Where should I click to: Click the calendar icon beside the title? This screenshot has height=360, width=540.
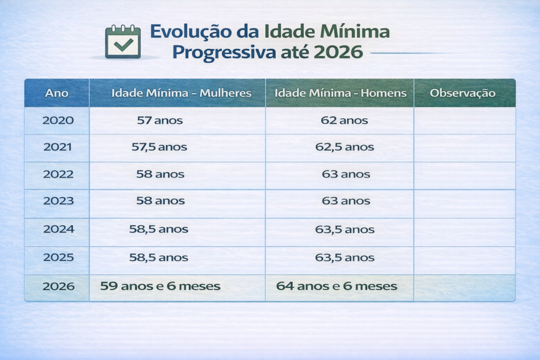(x=123, y=42)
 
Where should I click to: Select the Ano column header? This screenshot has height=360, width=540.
(x=56, y=93)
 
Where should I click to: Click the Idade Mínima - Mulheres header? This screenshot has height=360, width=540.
(x=181, y=93)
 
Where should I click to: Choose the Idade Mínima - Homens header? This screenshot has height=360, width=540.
(x=341, y=93)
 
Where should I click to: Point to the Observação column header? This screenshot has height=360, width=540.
(x=462, y=93)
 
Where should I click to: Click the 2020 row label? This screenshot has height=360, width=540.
(x=58, y=121)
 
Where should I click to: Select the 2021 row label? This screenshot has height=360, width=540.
(x=58, y=148)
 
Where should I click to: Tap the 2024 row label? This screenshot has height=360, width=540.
(x=59, y=230)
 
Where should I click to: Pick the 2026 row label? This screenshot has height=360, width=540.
(x=59, y=286)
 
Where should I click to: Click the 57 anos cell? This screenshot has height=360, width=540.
(x=160, y=121)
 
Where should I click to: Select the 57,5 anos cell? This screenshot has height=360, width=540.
(x=159, y=148)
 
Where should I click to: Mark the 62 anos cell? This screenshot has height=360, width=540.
(x=344, y=121)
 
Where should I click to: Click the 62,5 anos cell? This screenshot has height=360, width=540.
(x=345, y=148)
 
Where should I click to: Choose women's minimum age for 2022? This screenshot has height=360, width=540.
(x=160, y=174)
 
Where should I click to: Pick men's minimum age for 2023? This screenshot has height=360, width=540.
(x=345, y=201)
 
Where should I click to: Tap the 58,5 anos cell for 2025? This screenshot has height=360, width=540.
(x=159, y=258)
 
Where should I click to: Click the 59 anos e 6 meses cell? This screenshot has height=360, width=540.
(x=160, y=286)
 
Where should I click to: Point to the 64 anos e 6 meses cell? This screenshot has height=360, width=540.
(x=336, y=286)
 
